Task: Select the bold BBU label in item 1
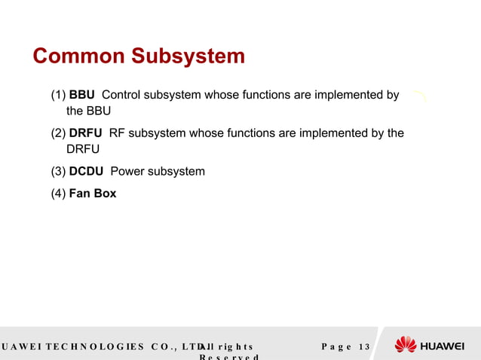tap(81, 95)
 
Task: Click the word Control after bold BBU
tap(122, 95)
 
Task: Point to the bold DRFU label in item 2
tap(85, 133)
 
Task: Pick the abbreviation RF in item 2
tap(117, 133)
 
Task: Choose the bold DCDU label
tap(86, 171)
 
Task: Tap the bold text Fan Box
tap(93, 194)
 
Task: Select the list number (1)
tap(58, 95)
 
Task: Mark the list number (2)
tap(58, 133)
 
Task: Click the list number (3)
tap(58, 171)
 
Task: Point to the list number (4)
tap(58, 194)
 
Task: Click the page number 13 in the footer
tap(364, 346)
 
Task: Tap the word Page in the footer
tap(336, 346)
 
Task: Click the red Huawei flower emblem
tap(406, 345)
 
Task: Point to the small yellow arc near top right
tap(419, 95)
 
